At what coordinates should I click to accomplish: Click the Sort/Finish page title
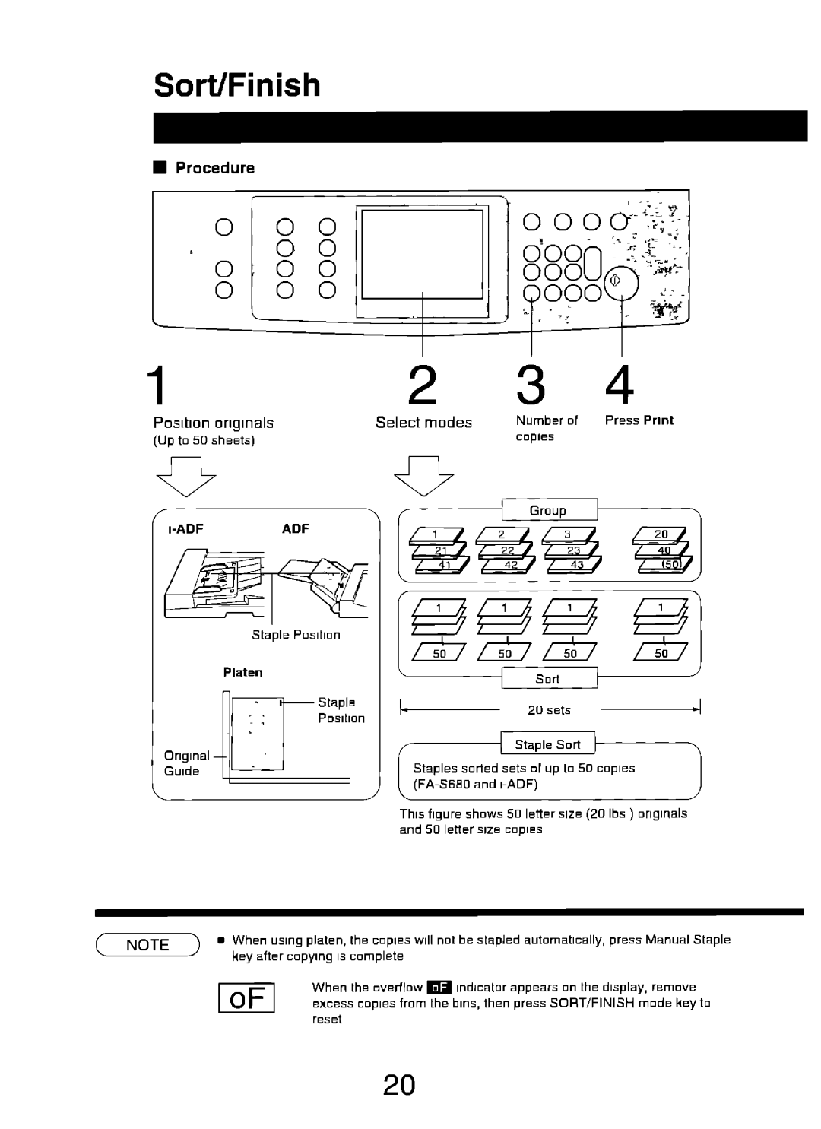click(x=237, y=85)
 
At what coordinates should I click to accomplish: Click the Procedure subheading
click(x=215, y=168)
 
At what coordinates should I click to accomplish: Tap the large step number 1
click(x=157, y=385)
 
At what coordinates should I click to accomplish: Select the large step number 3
click(x=531, y=385)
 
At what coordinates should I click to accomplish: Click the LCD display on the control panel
click(x=423, y=255)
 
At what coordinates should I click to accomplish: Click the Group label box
click(x=548, y=510)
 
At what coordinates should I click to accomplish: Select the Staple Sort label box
click(x=547, y=744)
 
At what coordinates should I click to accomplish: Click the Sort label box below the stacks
click(x=547, y=679)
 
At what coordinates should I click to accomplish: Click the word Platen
click(x=242, y=672)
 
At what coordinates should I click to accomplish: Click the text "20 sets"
click(x=548, y=710)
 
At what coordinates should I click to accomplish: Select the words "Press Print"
click(x=639, y=420)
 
